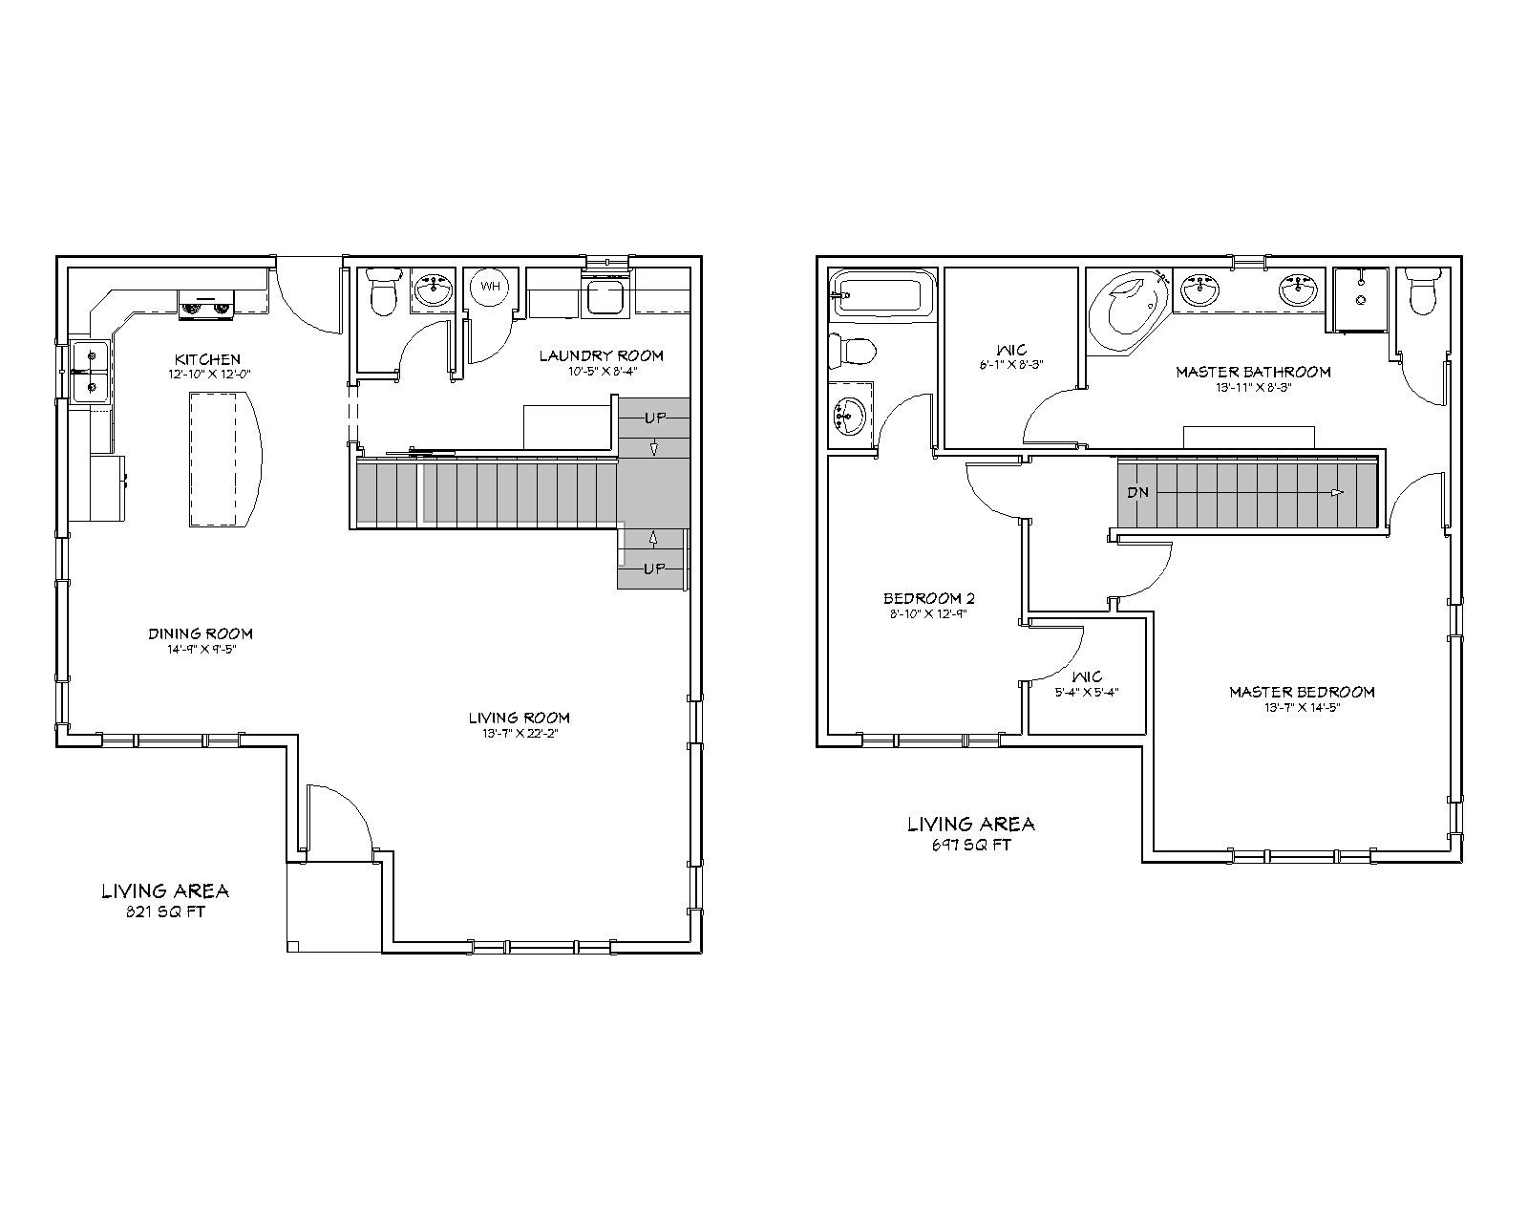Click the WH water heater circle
coord(490,287)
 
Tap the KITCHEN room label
coord(206,359)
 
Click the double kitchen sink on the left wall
coord(90,372)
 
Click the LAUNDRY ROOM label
coord(601,355)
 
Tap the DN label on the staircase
coord(1137,493)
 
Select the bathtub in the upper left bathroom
coord(879,292)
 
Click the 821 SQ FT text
coord(164,912)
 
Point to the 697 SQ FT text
coord(969,845)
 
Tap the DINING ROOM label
coord(200,633)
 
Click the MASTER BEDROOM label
coord(1301,692)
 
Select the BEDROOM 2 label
coord(928,599)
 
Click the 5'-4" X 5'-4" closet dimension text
coord(1086,693)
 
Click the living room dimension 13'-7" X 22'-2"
coord(519,733)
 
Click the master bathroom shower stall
coord(1360,300)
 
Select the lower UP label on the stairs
coord(653,569)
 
